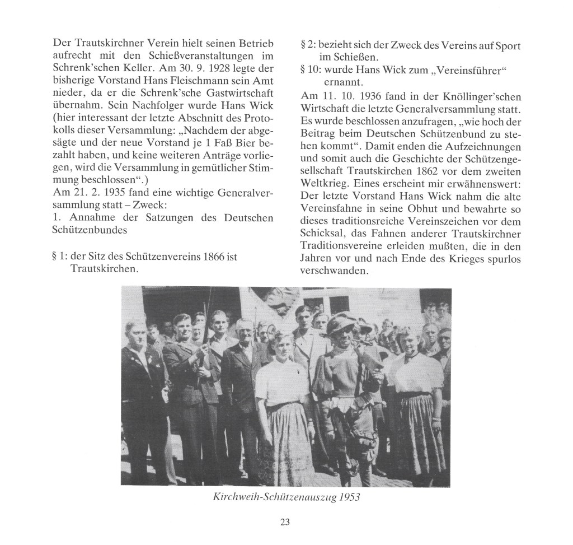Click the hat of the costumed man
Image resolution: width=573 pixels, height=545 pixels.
(x=341, y=323)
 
